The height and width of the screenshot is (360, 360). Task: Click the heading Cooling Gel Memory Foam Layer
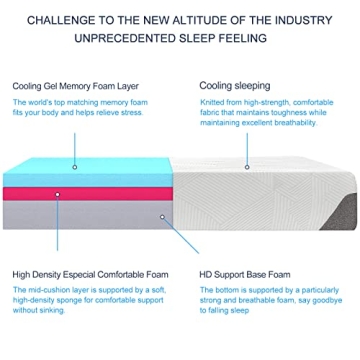point(74,87)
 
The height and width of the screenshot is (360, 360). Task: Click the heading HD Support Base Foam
point(246,272)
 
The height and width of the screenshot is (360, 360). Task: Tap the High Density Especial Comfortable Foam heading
point(88,272)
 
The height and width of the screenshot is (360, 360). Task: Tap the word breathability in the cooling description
point(313,122)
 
